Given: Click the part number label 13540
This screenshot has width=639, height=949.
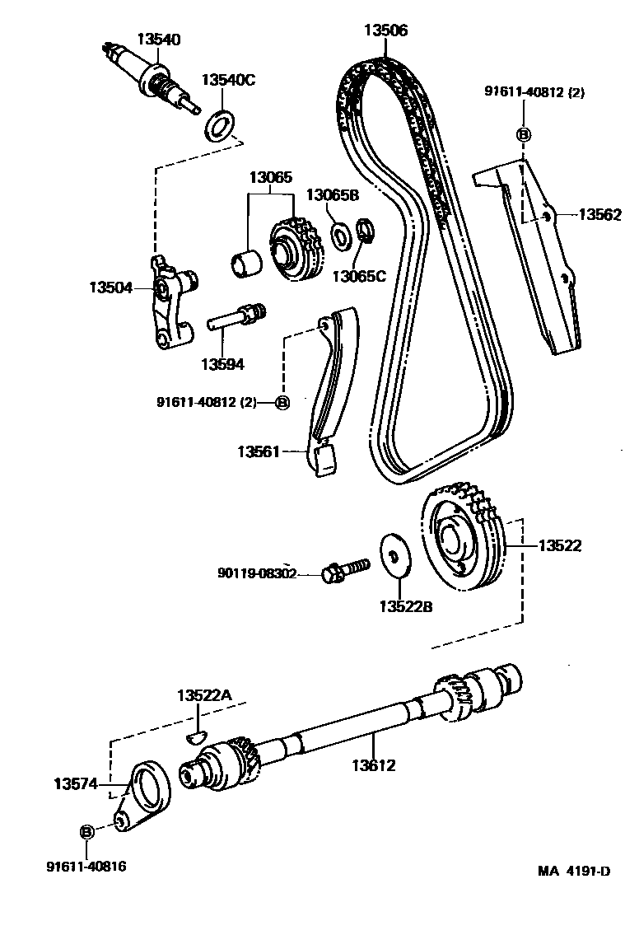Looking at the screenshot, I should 159,40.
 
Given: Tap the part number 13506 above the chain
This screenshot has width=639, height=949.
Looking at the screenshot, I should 385,30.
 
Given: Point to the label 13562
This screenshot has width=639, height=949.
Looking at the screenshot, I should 599,214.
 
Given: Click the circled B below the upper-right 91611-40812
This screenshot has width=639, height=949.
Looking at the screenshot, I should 523,134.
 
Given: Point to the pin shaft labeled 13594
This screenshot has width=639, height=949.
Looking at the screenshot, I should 236,317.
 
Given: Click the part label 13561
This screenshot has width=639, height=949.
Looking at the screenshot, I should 260,451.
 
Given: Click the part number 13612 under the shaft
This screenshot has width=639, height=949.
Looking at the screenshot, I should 373,765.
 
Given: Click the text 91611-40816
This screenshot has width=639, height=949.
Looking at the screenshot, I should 87,866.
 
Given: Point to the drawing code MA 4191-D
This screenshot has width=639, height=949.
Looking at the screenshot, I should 575,872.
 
